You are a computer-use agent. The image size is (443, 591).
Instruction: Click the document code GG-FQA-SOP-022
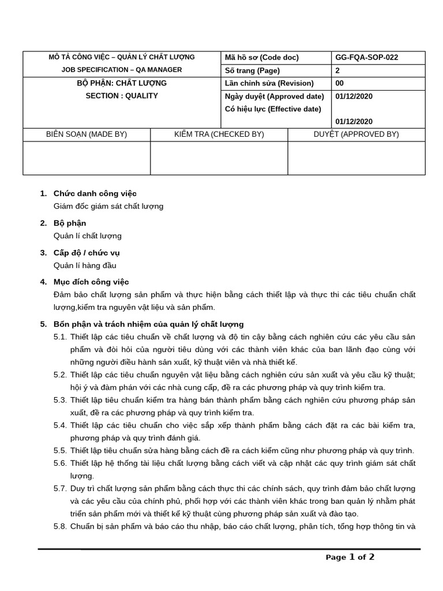(366, 58)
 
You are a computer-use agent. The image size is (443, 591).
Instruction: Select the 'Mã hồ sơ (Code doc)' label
(261, 58)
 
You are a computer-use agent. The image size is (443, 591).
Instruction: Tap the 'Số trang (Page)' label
(252, 70)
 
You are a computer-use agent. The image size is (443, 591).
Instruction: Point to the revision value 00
(339, 83)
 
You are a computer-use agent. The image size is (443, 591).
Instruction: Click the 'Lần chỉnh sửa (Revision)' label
(269, 83)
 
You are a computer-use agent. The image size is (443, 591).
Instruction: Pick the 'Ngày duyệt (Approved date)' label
(274, 96)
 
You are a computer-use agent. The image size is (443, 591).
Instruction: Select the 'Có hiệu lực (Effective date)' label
(272, 109)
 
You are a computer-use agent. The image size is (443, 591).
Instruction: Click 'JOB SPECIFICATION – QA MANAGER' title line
(122, 70)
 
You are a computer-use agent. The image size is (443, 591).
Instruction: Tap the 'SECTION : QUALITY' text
(122, 96)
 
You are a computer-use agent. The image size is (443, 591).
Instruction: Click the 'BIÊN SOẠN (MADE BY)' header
(87, 134)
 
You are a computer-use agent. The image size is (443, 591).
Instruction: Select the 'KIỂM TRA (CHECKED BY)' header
(219, 134)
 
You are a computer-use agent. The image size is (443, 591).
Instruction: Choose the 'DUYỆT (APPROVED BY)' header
(356, 134)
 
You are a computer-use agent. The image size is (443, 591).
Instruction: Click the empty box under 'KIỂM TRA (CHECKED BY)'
(219, 158)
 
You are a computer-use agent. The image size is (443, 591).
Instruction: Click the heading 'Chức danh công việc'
(95, 193)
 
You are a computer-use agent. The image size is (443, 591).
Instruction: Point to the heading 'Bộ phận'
(70, 223)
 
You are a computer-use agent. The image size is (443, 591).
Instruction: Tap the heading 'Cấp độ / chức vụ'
(87, 253)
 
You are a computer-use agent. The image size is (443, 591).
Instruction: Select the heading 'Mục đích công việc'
(91, 282)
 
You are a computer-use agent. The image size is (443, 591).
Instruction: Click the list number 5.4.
(60, 425)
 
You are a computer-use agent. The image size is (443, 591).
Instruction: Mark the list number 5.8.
(60, 526)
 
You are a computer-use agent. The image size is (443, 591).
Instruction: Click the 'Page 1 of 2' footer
(350, 558)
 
